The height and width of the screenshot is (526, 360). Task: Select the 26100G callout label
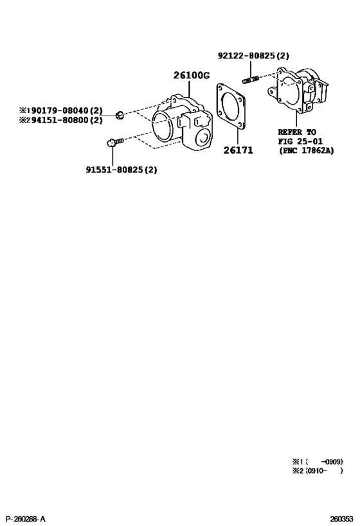[192, 76]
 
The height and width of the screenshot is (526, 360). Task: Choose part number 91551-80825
[115, 170]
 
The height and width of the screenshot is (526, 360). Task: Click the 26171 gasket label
[238, 150]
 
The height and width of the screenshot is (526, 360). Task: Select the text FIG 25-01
[300, 141]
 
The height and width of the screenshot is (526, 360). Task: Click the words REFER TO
[297, 132]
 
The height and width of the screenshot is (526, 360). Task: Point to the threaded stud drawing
[251, 80]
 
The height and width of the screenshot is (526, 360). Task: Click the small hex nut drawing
[120, 115]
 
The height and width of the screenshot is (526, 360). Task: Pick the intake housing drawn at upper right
[298, 90]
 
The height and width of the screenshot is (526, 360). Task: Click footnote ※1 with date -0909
[318, 462]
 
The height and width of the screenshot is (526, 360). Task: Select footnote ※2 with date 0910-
[318, 471]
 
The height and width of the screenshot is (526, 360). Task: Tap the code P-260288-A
[26, 520]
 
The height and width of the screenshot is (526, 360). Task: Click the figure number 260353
[342, 520]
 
